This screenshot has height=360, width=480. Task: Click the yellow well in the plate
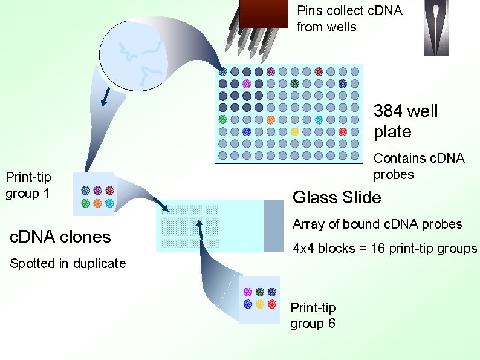click(294, 132)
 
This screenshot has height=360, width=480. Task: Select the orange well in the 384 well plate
click(271, 120)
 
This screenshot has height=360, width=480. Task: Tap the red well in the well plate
click(343, 132)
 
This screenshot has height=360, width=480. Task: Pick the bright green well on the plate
click(222, 120)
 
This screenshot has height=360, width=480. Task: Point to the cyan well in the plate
click(319, 120)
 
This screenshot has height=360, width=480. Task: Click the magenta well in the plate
click(247, 83)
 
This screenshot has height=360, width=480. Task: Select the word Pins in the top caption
click(309, 11)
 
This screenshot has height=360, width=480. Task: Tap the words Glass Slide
click(337, 197)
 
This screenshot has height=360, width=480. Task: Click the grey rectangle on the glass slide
click(274, 226)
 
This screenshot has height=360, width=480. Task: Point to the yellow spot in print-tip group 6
click(260, 304)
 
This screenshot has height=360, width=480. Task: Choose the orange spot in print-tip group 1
click(97, 203)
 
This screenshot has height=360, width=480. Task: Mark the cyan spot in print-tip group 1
click(109, 203)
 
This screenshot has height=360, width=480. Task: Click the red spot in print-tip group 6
click(272, 304)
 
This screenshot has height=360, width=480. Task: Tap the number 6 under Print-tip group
click(331, 324)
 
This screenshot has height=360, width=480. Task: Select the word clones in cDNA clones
click(83, 237)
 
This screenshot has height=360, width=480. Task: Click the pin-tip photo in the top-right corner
click(436, 28)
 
